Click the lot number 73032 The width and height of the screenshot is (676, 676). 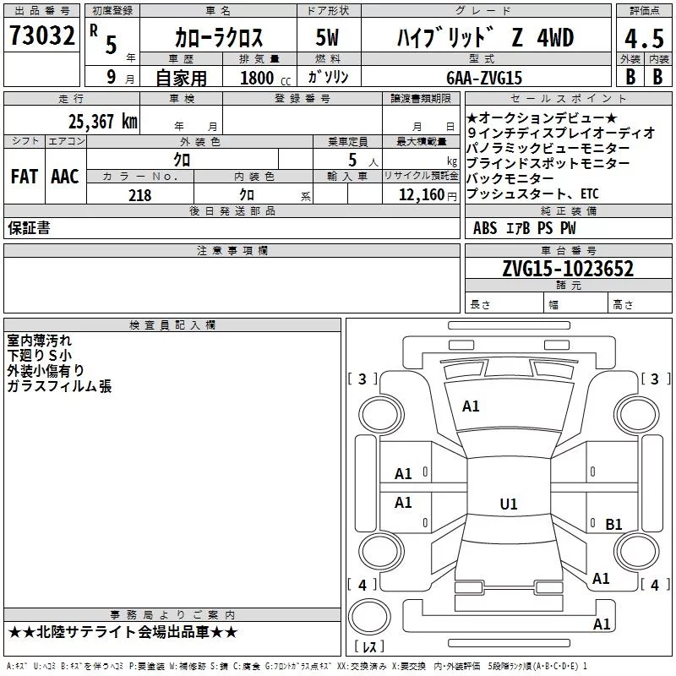(x=41, y=35)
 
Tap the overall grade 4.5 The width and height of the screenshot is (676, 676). (x=644, y=38)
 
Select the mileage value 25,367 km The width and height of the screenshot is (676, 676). (x=103, y=122)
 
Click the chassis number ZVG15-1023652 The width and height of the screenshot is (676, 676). (x=568, y=269)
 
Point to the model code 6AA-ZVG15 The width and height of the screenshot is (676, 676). (x=484, y=78)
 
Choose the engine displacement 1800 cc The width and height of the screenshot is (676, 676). (x=265, y=79)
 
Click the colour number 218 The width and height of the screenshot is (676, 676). (x=139, y=195)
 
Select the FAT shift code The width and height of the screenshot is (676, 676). (x=25, y=177)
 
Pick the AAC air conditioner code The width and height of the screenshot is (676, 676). (x=65, y=177)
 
